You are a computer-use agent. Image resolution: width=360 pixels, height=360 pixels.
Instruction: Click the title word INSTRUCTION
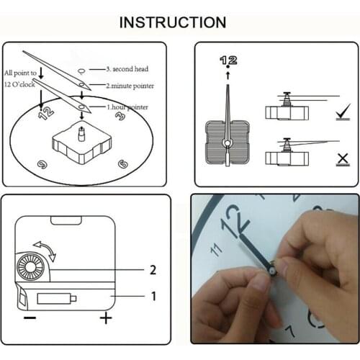pyautogui.click(x=173, y=22)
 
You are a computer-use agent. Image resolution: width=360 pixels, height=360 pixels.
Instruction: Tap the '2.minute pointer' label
pyautogui.click(x=130, y=86)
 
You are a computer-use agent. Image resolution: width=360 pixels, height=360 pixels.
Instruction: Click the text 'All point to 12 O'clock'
pyautogui.click(x=22, y=78)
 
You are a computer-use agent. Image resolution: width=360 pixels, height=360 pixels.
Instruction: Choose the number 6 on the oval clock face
pyautogui.click(x=123, y=163)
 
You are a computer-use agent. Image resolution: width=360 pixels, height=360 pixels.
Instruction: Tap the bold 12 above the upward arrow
pyautogui.click(x=228, y=60)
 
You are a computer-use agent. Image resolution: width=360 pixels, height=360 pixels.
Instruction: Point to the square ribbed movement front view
pyautogui.click(x=229, y=144)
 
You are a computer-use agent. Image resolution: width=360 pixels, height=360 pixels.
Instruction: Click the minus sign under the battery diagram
pyautogui.click(x=29, y=318)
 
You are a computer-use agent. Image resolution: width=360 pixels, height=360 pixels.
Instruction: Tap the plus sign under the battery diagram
pyautogui.click(x=106, y=318)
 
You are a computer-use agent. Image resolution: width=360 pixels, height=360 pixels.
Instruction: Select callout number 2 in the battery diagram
pyautogui.click(x=153, y=270)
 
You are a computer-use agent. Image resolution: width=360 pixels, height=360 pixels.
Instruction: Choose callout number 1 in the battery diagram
pyautogui.click(x=153, y=295)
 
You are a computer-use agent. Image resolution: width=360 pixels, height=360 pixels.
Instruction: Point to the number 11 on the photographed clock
pyautogui.click(x=214, y=250)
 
